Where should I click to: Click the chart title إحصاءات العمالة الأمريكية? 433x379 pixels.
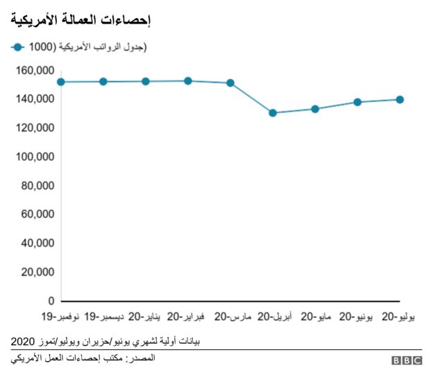click(82, 20)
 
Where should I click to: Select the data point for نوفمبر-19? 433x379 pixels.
click(61, 82)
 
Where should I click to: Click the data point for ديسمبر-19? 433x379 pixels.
click(103, 82)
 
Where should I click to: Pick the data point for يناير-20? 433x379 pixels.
click(146, 81)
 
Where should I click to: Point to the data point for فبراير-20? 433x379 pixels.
click(188, 81)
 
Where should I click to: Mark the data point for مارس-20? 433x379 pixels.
click(230, 83)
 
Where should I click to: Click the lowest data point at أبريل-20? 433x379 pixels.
click(273, 113)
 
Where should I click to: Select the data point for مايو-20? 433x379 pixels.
click(315, 109)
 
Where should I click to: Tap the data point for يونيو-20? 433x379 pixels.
click(357, 102)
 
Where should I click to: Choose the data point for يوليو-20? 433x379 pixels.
click(400, 100)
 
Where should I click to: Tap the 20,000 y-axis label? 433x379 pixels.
click(36, 272)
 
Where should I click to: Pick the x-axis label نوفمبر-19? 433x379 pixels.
click(61, 317)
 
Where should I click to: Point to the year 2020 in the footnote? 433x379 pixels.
click(23, 342)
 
